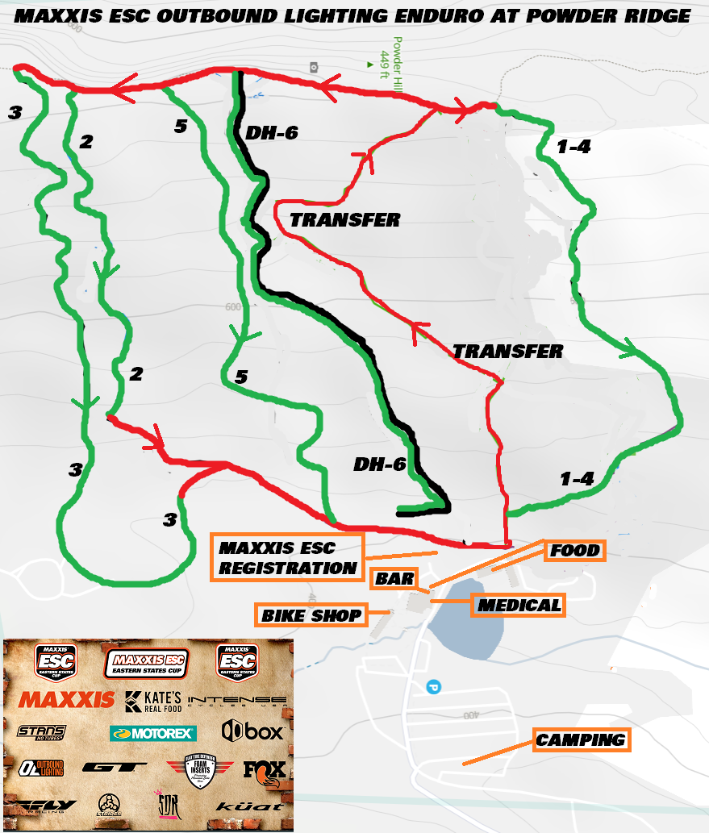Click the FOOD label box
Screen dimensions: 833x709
(575, 551)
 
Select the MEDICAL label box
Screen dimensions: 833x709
(519, 605)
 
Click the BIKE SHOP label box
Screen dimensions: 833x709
(311, 616)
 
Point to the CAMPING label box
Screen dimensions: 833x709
(581, 739)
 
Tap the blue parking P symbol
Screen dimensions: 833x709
(433, 687)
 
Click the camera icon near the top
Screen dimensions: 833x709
(313, 67)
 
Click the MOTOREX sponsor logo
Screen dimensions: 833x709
(152, 733)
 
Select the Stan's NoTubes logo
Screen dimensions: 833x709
(41, 731)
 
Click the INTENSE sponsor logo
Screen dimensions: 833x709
(236, 700)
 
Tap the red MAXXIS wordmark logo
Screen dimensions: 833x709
(66, 699)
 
